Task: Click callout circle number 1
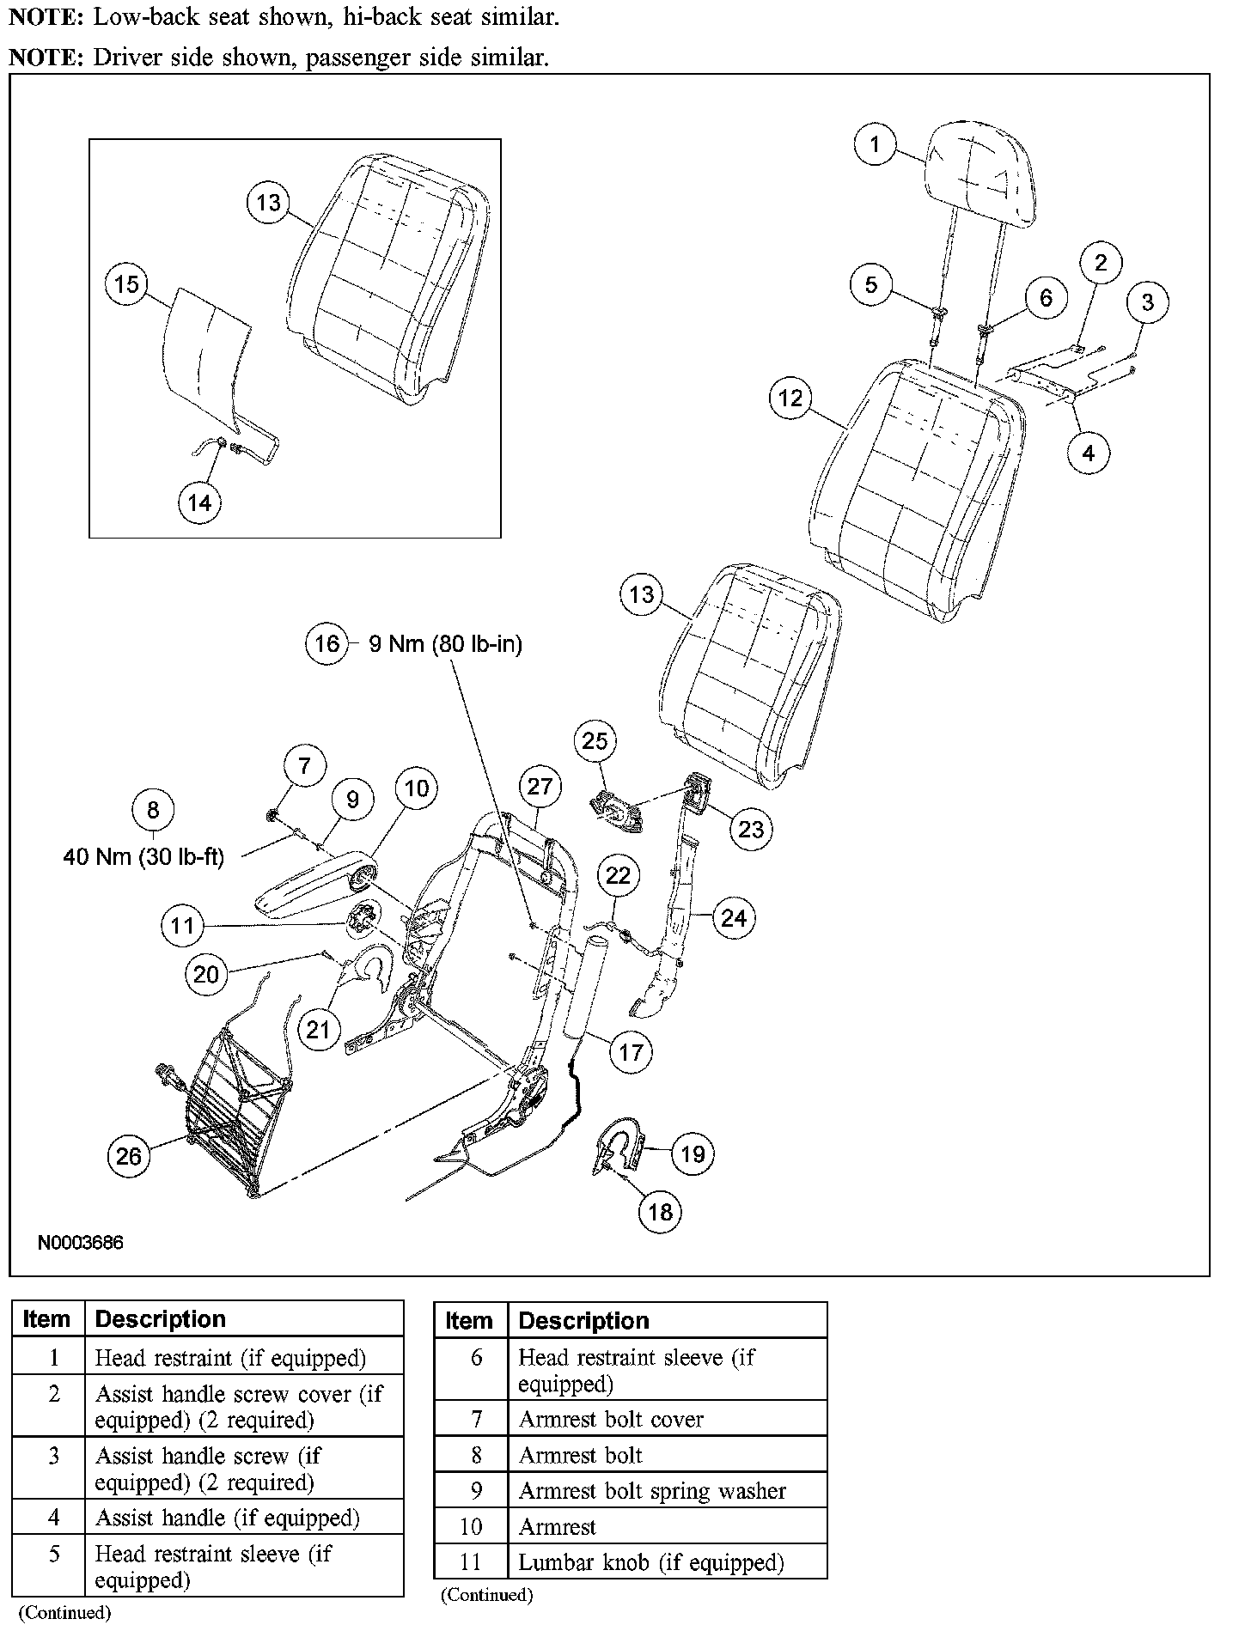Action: pyautogui.click(x=875, y=143)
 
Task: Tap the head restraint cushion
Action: pyautogui.click(x=978, y=173)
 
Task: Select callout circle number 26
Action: pyautogui.click(x=129, y=1156)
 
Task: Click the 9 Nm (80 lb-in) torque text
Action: pyautogui.click(x=445, y=643)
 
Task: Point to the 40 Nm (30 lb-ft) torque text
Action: pyautogui.click(x=143, y=857)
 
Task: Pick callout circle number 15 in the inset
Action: pyautogui.click(x=126, y=284)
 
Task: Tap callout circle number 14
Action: pyautogui.click(x=199, y=502)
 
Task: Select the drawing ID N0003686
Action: pyautogui.click(x=80, y=1243)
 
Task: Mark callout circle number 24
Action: pyautogui.click(x=734, y=918)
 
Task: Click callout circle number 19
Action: pyautogui.click(x=693, y=1153)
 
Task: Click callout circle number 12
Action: pyautogui.click(x=790, y=398)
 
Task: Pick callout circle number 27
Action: pyautogui.click(x=540, y=786)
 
